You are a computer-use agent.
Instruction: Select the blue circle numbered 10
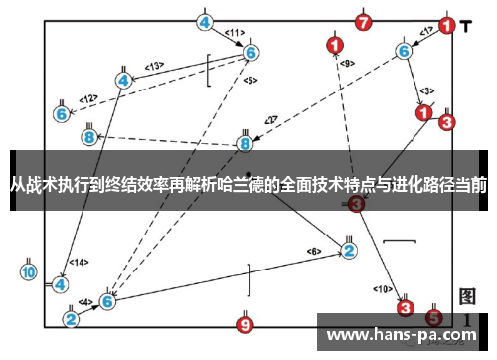pos(28,270)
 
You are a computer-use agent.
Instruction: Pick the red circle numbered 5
pos(433,317)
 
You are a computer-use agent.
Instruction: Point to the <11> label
pos(234,33)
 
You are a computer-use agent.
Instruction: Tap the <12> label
pos(89,98)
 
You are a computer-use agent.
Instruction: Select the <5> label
pos(249,80)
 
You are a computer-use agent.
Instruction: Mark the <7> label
pos(269,120)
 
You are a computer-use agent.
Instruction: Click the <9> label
pos(346,63)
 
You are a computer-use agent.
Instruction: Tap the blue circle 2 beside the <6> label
pos(349,250)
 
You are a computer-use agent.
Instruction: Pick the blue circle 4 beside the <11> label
pos(205,21)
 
